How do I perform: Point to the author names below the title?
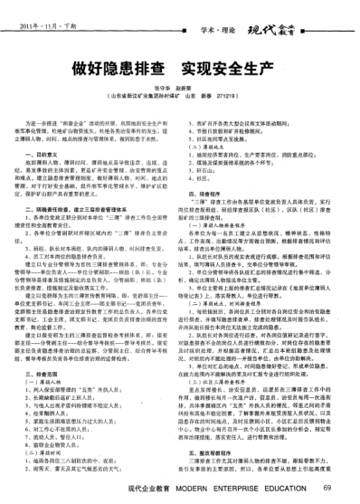[178, 86]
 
